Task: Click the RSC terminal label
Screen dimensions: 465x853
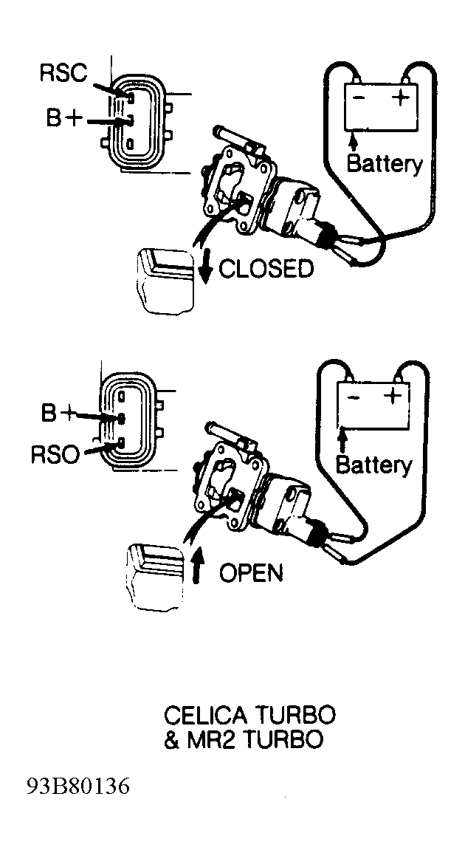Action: [63, 73]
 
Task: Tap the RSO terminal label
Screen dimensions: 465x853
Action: [55, 455]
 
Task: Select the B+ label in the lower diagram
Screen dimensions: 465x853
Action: [58, 414]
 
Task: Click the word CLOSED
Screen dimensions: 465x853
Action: [266, 269]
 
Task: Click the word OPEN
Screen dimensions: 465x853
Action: [251, 572]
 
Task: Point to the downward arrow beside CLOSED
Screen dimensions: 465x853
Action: [205, 267]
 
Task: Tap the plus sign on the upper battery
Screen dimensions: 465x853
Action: [401, 97]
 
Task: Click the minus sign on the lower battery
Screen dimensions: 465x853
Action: [354, 397]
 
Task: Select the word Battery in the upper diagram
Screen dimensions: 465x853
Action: [385, 164]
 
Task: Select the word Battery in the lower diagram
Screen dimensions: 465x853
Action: [374, 465]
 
